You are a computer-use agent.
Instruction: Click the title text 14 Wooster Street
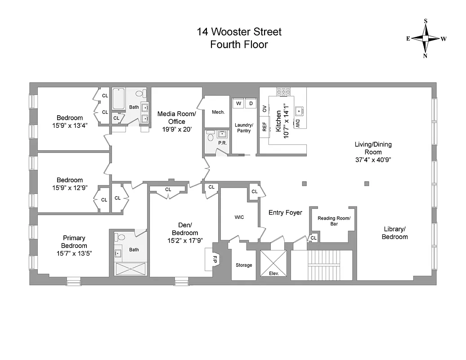coord(239,32)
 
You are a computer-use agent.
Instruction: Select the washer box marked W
coord(238,103)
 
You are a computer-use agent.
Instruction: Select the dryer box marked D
coord(251,103)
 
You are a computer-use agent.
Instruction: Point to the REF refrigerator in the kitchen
coord(264,127)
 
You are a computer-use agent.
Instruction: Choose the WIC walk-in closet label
coord(239,217)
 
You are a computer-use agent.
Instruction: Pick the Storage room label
coord(244,265)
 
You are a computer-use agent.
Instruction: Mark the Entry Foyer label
coord(285,212)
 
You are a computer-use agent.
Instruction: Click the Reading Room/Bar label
coord(334,220)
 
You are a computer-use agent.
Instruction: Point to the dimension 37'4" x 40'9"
coord(373,160)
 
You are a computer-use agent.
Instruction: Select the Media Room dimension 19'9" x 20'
coord(177,130)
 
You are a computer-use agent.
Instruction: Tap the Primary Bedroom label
coord(74,242)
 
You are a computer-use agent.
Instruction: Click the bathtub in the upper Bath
coord(118,99)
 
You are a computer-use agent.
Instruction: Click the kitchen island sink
coord(299,110)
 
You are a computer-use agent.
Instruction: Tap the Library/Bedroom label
coord(394,232)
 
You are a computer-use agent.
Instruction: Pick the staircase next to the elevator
coord(320,265)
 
